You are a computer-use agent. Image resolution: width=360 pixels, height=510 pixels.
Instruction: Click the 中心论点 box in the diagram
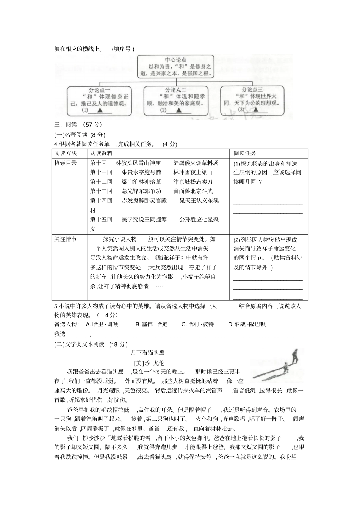pos(175,67)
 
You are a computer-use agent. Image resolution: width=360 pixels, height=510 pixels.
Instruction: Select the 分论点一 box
pos(99,100)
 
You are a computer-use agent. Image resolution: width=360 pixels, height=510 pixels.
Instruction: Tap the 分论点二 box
pos(176,100)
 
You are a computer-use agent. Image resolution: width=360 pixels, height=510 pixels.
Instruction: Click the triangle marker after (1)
pos(100,110)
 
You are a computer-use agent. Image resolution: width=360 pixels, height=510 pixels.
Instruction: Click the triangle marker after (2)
pos(178,110)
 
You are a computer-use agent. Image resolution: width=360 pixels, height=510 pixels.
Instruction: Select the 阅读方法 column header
pos(66,153)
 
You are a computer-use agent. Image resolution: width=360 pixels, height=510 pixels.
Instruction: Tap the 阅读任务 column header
pos(245,153)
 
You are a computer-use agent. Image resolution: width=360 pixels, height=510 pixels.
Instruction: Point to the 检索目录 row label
pos(66,163)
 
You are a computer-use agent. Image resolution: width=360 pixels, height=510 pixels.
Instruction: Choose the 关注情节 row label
pos(66,239)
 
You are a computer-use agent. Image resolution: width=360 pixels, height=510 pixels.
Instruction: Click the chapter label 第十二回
pos(101,182)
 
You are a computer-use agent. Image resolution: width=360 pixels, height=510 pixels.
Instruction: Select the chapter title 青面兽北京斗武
pos(193,191)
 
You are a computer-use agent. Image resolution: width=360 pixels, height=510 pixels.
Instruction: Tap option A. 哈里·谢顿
pos(102,324)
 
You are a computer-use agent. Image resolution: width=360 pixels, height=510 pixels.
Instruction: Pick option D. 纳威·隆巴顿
pos(247,324)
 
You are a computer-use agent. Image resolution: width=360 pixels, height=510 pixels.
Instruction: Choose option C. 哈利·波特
pos(197,324)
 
